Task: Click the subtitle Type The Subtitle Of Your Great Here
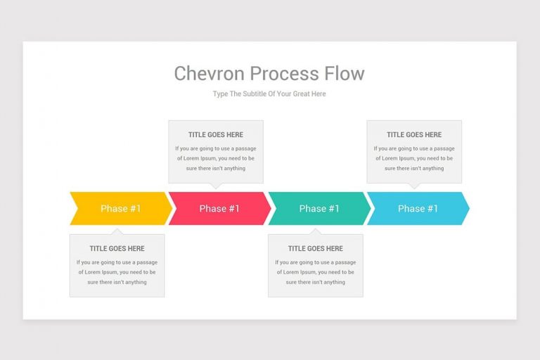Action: coord(269,94)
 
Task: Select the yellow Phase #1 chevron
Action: coord(120,208)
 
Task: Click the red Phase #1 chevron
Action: coord(219,208)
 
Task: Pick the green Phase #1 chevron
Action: coord(319,208)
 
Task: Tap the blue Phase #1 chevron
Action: coord(418,208)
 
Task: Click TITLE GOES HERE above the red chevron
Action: coord(216,134)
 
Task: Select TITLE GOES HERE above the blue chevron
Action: coord(414,134)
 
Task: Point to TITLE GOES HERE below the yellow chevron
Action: coord(117,248)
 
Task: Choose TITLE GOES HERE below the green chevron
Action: coord(316,248)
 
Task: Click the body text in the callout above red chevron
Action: coord(216,158)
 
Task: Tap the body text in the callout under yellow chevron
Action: coord(117,272)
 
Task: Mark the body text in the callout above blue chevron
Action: coord(414,158)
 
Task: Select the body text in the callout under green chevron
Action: coord(316,272)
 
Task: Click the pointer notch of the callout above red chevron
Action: coord(216,186)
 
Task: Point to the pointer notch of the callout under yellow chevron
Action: coord(117,231)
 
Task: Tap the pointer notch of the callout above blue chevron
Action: coord(414,186)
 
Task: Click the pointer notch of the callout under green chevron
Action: coord(316,231)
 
